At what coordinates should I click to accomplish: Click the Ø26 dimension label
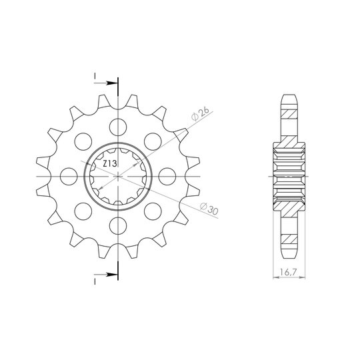click(x=201, y=113)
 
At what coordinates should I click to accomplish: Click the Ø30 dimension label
click(x=209, y=208)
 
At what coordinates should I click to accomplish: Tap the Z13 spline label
click(x=110, y=164)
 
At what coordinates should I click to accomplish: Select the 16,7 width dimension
click(x=289, y=272)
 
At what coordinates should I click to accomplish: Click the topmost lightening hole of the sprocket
click(x=118, y=127)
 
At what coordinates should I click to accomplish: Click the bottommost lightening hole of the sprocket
click(x=118, y=225)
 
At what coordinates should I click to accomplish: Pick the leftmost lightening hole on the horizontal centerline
click(x=69, y=176)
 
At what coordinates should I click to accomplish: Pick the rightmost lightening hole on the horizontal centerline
click(x=167, y=176)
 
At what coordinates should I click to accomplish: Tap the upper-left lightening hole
click(x=83, y=141)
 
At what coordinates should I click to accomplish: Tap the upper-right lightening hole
click(x=153, y=141)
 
